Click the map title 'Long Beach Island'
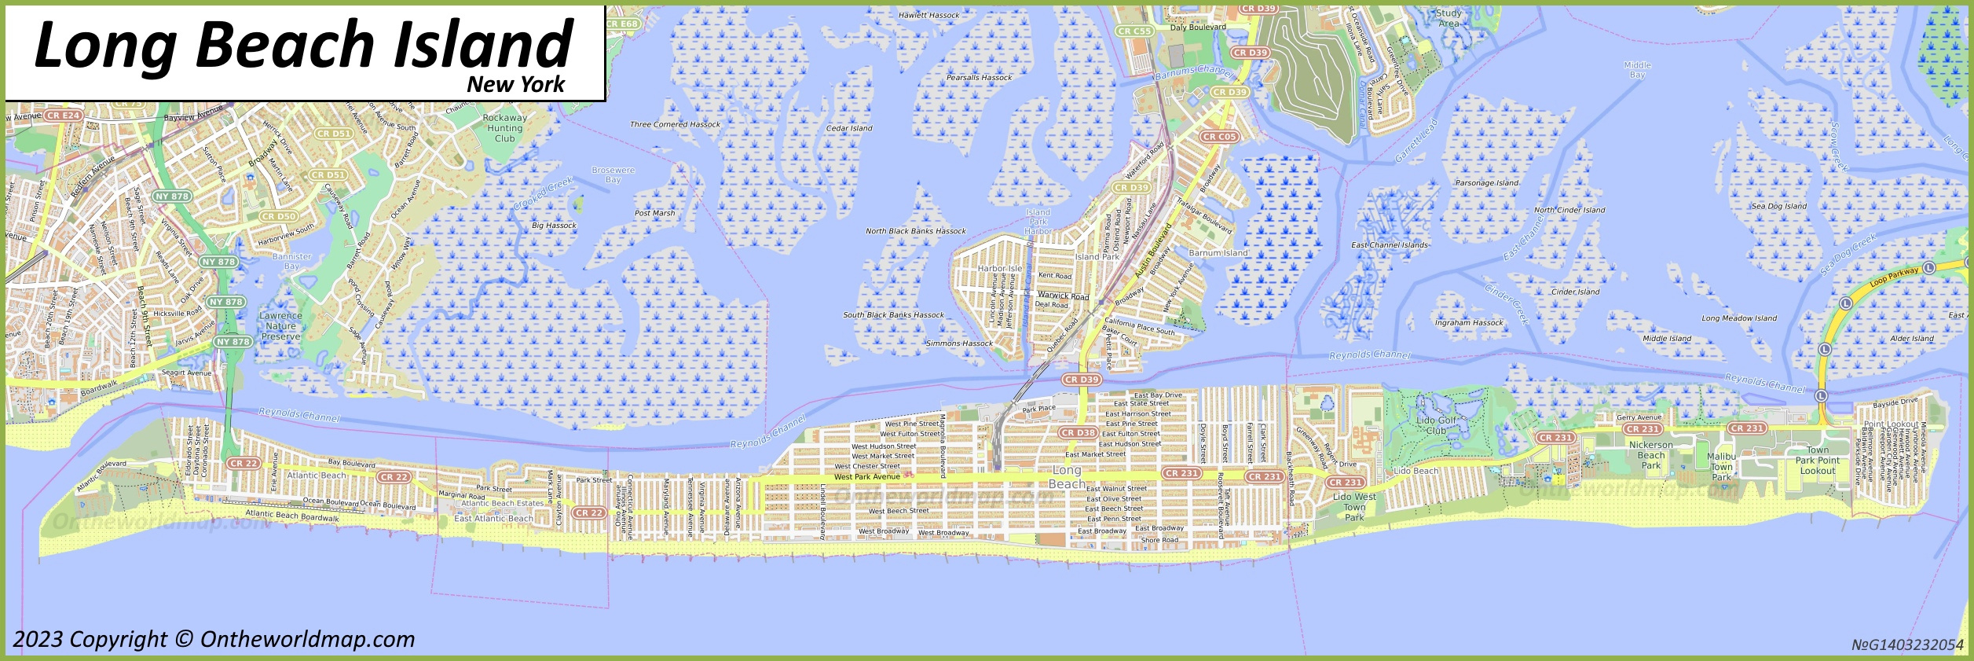[304, 45]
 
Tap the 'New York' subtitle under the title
[515, 85]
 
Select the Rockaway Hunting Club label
[504, 128]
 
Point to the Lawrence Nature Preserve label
[280, 326]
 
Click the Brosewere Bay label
[613, 174]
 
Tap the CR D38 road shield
[1078, 433]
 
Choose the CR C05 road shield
[1218, 137]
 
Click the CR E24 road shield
[63, 116]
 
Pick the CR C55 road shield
[1134, 31]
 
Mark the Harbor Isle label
[999, 269]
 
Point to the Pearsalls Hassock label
[979, 78]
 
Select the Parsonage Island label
[1487, 183]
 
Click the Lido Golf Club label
[1436, 425]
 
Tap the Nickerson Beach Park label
[1650, 455]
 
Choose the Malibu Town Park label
[1721, 466]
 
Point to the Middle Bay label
[1637, 70]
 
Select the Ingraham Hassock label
[1469, 323]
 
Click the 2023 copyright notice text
[214, 640]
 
